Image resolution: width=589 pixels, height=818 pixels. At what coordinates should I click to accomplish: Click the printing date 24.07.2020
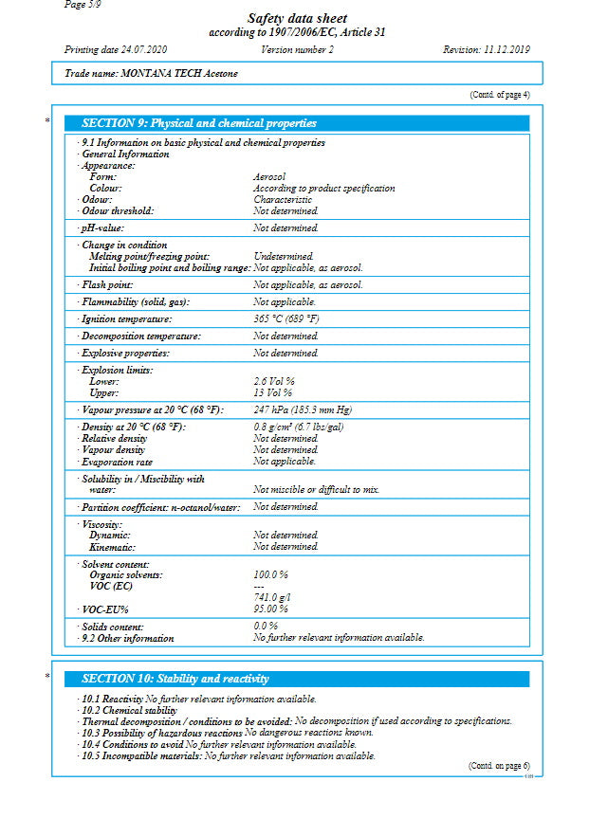click(x=116, y=49)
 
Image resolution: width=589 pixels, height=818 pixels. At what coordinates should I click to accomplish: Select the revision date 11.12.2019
click(x=487, y=49)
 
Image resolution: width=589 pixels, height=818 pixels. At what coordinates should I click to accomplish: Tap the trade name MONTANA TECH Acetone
click(x=152, y=73)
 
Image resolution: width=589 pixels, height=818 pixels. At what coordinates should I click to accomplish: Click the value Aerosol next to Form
click(x=269, y=177)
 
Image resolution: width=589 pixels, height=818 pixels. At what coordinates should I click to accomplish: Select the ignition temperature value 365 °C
click(x=286, y=319)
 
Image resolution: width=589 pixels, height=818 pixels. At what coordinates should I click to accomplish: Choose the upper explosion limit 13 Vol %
click(x=272, y=392)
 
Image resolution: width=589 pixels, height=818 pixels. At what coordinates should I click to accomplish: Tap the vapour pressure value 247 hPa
click(x=303, y=409)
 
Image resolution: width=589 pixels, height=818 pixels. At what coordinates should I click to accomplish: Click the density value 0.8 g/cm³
click(x=298, y=427)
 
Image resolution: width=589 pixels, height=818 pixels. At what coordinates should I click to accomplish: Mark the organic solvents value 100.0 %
click(x=270, y=575)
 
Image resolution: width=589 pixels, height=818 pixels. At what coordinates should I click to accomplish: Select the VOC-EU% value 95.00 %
click(x=270, y=609)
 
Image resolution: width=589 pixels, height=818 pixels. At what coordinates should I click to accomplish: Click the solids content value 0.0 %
click(x=266, y=627)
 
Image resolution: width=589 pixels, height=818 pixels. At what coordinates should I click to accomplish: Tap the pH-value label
click(x=102, y=228)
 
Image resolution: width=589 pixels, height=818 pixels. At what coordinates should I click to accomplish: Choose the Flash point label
click(x=107, y=284)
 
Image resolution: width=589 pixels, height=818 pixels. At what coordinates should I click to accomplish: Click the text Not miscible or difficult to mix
click(x=316, y=490)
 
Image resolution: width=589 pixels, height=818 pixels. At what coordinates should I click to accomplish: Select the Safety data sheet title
click(x=297, y=19)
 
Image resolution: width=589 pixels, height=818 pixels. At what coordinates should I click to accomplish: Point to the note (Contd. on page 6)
click(x=499, y=766)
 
